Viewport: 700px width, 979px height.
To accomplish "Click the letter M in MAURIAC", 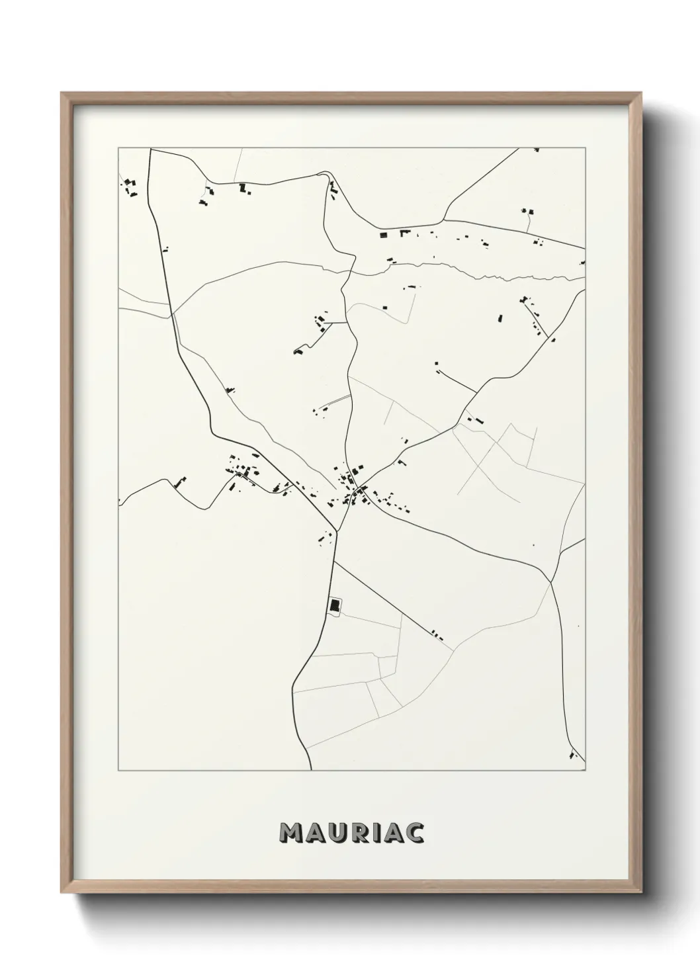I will coord(292,833).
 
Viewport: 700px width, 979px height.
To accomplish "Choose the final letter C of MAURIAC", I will coord(415,833).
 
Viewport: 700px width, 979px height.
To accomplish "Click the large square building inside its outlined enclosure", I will coord(335,604).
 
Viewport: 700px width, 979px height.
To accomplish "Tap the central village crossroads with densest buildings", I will coord(357,491).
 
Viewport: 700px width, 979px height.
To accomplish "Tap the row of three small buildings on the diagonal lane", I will coord(436,636).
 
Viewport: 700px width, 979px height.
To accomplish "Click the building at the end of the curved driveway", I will coord(298,351).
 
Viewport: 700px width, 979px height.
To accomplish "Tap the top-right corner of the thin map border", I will coord(585,148).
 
